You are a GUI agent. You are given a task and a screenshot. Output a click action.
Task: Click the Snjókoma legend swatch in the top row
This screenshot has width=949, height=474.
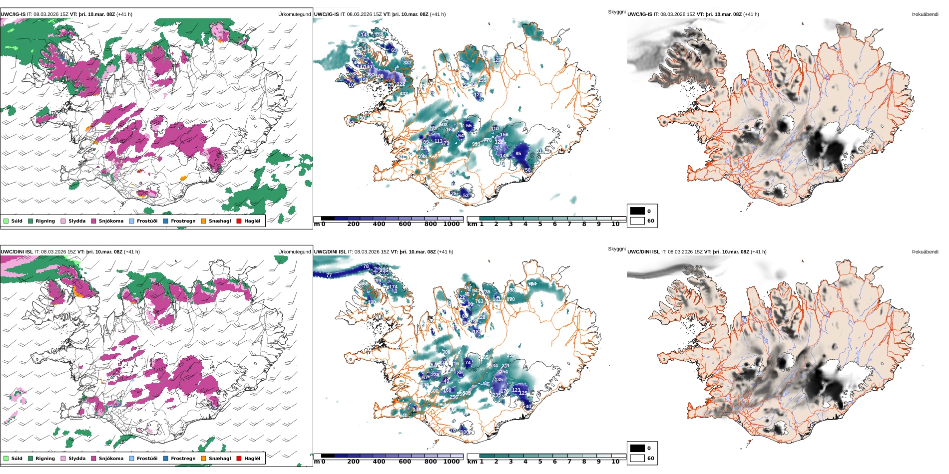(x=93, y=221)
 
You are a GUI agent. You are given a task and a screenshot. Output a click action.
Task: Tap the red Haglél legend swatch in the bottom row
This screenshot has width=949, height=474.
(x=239, y=459)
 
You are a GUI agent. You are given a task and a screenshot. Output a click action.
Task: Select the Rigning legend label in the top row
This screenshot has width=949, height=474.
(x=45, y=221)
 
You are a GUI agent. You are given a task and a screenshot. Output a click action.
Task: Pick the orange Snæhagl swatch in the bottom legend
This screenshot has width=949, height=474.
(x=203, y=459)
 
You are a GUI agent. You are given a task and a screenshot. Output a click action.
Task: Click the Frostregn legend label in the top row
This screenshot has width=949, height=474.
(x=183, y=221)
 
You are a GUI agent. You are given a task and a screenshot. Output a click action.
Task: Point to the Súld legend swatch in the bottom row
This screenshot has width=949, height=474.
(x=6, y=459)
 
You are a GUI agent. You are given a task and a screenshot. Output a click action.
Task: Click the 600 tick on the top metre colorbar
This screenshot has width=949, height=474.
(x=405, y=224)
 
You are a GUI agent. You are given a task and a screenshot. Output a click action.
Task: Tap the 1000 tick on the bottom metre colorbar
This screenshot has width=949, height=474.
(x=451, y=462)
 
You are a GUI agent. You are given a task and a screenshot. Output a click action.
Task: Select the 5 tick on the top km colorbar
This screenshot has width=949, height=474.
(x=540, y=224)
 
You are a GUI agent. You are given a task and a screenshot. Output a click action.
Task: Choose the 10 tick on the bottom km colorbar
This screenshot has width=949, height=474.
(x=615, y=462)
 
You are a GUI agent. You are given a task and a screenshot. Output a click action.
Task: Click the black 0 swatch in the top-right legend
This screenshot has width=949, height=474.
(x=637, y=211)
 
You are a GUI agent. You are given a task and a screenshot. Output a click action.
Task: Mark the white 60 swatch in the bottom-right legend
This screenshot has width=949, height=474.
(x=637, y=458)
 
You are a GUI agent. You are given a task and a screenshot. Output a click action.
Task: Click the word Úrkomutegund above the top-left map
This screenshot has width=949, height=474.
(x=294, y=14)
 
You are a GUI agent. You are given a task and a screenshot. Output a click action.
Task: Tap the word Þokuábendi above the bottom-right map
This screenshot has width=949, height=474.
(x=925, y=252)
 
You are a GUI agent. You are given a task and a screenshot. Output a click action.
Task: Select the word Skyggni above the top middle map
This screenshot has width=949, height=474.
(x=616, y=12)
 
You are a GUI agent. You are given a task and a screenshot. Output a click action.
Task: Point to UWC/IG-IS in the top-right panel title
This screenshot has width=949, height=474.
(x=640, y=14)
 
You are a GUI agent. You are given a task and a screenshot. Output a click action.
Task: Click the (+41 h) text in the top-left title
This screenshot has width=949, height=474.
(x=124, y=14)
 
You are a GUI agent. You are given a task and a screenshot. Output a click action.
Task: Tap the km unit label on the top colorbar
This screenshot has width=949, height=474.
(x=472, y=224)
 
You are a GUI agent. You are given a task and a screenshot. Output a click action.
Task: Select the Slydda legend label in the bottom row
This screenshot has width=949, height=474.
(x=77, y=459)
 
